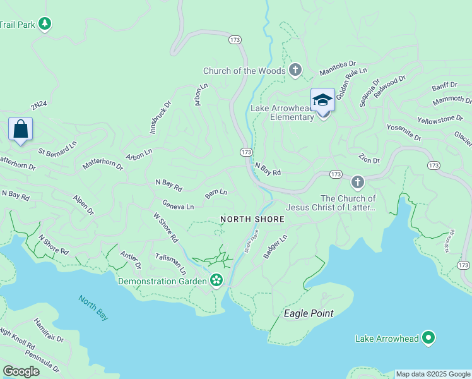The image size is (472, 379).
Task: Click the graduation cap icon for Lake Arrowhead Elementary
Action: [322, 100]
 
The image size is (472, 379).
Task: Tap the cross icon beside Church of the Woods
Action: [295, 69]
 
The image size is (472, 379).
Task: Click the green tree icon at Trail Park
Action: [44, 24]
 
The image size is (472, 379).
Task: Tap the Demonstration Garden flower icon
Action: [216, 280]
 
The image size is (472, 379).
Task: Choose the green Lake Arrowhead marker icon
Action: [428, 339]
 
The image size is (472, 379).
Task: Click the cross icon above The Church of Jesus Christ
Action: [358, 183]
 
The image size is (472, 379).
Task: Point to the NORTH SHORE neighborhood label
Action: [252, 219]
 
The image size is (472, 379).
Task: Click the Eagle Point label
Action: [309, 313]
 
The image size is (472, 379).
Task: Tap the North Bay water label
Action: [93, 308]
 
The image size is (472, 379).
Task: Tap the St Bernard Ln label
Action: [57, 148]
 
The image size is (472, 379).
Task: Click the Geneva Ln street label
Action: [178, 206]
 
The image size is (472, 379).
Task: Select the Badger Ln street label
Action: [275, 246]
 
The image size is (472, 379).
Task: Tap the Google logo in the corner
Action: [21, 371]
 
